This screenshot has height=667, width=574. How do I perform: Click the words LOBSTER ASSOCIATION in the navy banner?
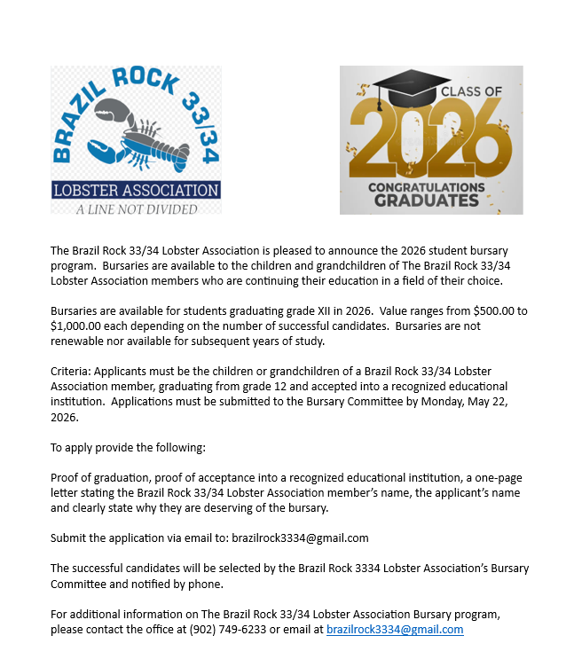tap(136, 190)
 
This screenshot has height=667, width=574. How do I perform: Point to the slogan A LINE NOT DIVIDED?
tap(136, 208)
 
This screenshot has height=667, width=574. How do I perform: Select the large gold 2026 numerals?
tap(429, 138)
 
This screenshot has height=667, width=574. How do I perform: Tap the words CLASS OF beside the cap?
tap(471, 90)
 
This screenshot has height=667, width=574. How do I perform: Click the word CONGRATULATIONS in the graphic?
tap(427, 186)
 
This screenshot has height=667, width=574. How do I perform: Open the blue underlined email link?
tap(395, 630)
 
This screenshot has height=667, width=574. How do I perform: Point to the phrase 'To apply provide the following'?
tap(128, 447)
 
